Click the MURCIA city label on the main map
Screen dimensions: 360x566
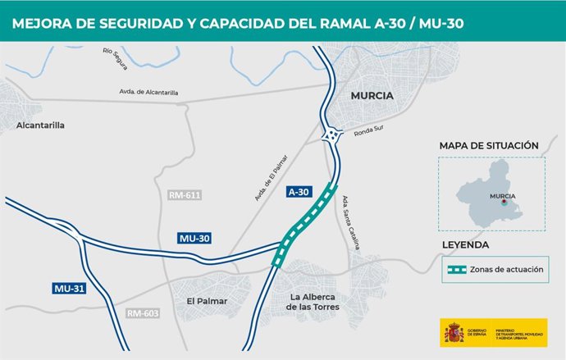tap(372, 95)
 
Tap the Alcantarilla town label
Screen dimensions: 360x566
tap(40, 125)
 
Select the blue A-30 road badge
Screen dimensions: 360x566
tap(299, 191)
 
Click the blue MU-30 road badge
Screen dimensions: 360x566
tap(194, 238)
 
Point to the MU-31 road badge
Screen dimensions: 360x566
tap(69, 289)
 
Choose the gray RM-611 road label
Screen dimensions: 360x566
tap(185, 195)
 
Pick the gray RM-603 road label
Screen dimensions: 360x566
tap(144, 313)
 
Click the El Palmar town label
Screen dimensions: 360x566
tap(207, 301)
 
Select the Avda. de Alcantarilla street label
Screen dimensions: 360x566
tap(148, 93)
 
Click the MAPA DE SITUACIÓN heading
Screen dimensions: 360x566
tap(489, 145)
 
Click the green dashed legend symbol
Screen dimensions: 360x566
tap(466, 269)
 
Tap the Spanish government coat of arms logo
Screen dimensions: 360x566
tap(454, 332)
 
